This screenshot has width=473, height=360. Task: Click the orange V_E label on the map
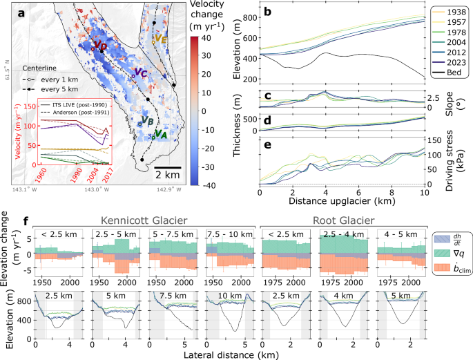[160, 39]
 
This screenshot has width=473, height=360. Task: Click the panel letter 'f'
[26, 223]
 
